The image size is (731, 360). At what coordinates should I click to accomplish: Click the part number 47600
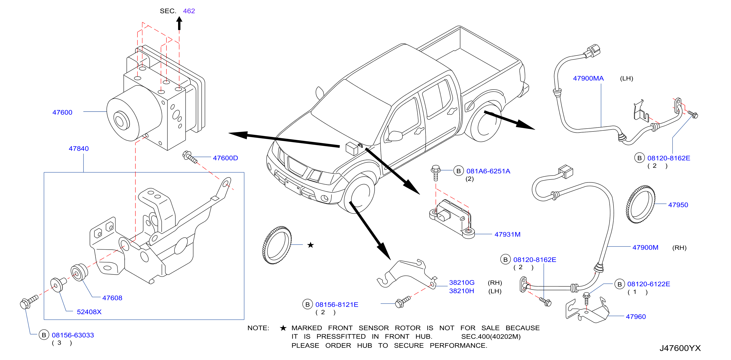click(62, 112)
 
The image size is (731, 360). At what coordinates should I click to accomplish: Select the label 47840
click(79, 148)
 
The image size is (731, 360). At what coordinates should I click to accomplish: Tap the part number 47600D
click(225, 158)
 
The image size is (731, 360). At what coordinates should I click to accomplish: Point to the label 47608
click(112, 298)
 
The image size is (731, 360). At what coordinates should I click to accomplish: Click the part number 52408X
click(89, 312)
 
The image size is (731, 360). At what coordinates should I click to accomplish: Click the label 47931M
click(507, 234)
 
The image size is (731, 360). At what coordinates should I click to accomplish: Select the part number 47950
click(678, 205)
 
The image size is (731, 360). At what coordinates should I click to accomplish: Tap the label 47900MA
click(588, 78)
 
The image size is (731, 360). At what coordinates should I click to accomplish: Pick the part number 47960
click(636, 317)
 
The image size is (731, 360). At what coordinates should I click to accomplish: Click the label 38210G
click(462, 283)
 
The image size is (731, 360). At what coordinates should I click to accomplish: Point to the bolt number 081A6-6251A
click(488, 171)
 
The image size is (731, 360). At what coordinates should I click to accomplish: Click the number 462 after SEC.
click(189, 11)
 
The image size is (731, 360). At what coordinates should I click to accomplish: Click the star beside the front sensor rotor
click(311, 245)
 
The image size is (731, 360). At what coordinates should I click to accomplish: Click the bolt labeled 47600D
click(190, 157)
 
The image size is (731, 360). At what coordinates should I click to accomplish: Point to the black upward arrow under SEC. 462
click(179, 23)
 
